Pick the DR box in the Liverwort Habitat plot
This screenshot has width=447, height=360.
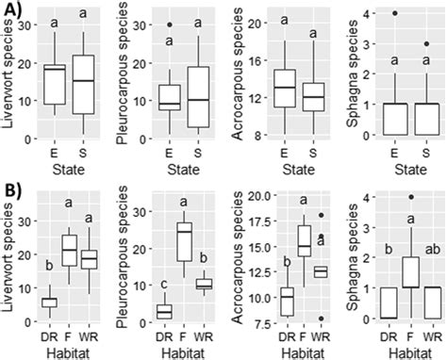[x=49, y=302]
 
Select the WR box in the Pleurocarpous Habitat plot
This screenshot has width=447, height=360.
[x=202, y=284]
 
